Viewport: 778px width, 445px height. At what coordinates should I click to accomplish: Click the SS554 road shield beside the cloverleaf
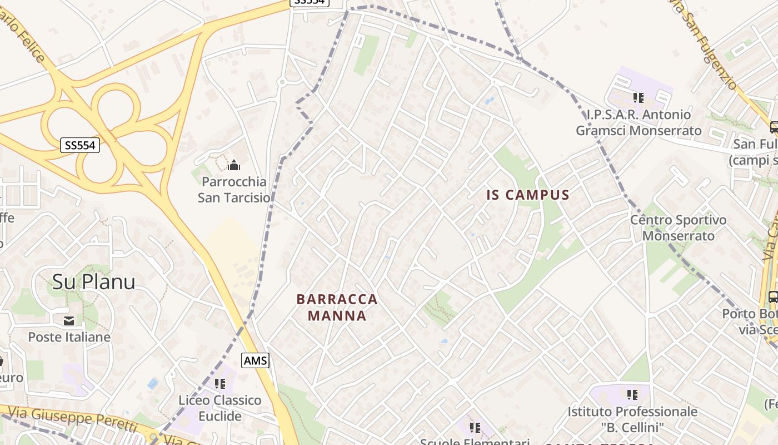pos(79,146)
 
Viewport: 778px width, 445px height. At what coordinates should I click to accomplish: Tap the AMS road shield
pos(255,360)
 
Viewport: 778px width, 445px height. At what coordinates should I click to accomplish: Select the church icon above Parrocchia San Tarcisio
pos(234,165)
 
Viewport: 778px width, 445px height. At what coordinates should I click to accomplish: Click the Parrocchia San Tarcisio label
pos(234,190)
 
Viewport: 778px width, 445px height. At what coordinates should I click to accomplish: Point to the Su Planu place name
pos(93,282)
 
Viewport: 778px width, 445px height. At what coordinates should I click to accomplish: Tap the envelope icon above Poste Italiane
pos(69,320)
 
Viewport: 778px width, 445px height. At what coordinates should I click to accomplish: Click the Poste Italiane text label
pos(69,337)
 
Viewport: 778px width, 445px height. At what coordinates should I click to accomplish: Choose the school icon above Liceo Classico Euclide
pos(220,384)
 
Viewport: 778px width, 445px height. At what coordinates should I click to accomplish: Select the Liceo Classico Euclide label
pos(220,408)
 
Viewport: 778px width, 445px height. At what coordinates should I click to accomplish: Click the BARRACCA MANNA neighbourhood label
pos(337,308)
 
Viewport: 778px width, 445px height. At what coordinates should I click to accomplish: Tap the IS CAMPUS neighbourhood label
pos(528,195)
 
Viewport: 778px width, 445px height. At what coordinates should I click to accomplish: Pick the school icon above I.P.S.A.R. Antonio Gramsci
pos(639,98)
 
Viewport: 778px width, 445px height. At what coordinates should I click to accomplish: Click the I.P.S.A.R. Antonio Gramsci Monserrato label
pos(639,123)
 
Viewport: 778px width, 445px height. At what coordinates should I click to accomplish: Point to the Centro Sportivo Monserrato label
pos(678,228)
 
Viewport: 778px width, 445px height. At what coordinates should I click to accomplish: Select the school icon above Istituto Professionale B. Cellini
pos(632,395)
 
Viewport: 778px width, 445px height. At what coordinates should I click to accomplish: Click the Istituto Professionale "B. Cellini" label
pos(632,419)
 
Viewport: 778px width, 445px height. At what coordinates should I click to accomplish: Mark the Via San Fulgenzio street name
pos(704,44)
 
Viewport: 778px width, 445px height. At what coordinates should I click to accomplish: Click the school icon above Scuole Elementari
pos(475,428)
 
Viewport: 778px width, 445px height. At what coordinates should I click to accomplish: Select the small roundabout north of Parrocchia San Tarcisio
pos(281,82)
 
